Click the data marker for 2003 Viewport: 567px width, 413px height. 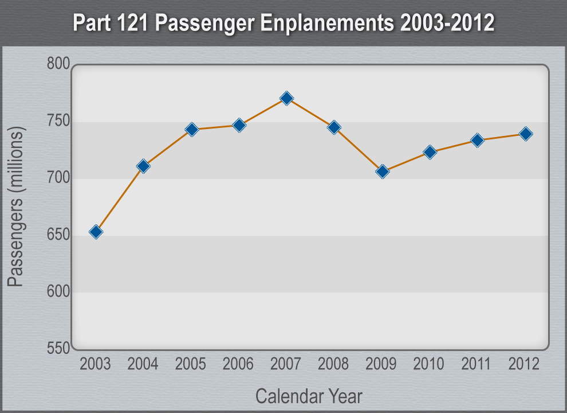96,232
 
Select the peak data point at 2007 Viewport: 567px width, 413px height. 287,98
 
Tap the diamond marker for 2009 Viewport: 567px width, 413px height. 383,171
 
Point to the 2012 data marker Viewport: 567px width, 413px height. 526,134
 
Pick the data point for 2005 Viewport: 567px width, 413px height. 192,130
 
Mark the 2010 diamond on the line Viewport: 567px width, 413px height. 430,152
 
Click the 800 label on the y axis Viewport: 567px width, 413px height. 58,64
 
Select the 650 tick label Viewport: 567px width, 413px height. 58,235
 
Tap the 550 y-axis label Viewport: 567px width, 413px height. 58,348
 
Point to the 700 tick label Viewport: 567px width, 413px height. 58,178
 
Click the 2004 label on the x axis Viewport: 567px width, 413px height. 143,364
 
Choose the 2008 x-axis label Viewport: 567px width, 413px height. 333,364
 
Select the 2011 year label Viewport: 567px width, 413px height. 477,364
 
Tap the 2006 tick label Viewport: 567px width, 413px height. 238,364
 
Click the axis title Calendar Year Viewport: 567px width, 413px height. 308,396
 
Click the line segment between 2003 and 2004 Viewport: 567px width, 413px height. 120,199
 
